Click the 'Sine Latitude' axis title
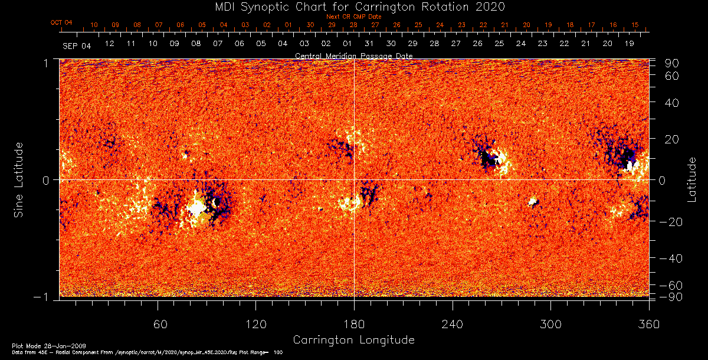pyautogui.click(x=19, y=179)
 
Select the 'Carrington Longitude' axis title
pyautogui.click(x=353, y=340)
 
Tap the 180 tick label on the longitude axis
pyautogui.click(x=354, y=324)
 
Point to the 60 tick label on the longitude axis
pyautogui.click(x=158, y=324)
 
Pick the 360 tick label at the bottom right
pyautogui.click(x=648, y=324)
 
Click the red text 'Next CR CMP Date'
pyautogui.click(x=354, y=17)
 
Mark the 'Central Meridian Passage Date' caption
pyautogui.click(x=354, y=56)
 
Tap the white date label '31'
pyautogui.click(x=369, y=44)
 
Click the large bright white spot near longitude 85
pyautogui.click(x=196, y=208)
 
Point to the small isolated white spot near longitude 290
pyautogui.click(x=533, y=202)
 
